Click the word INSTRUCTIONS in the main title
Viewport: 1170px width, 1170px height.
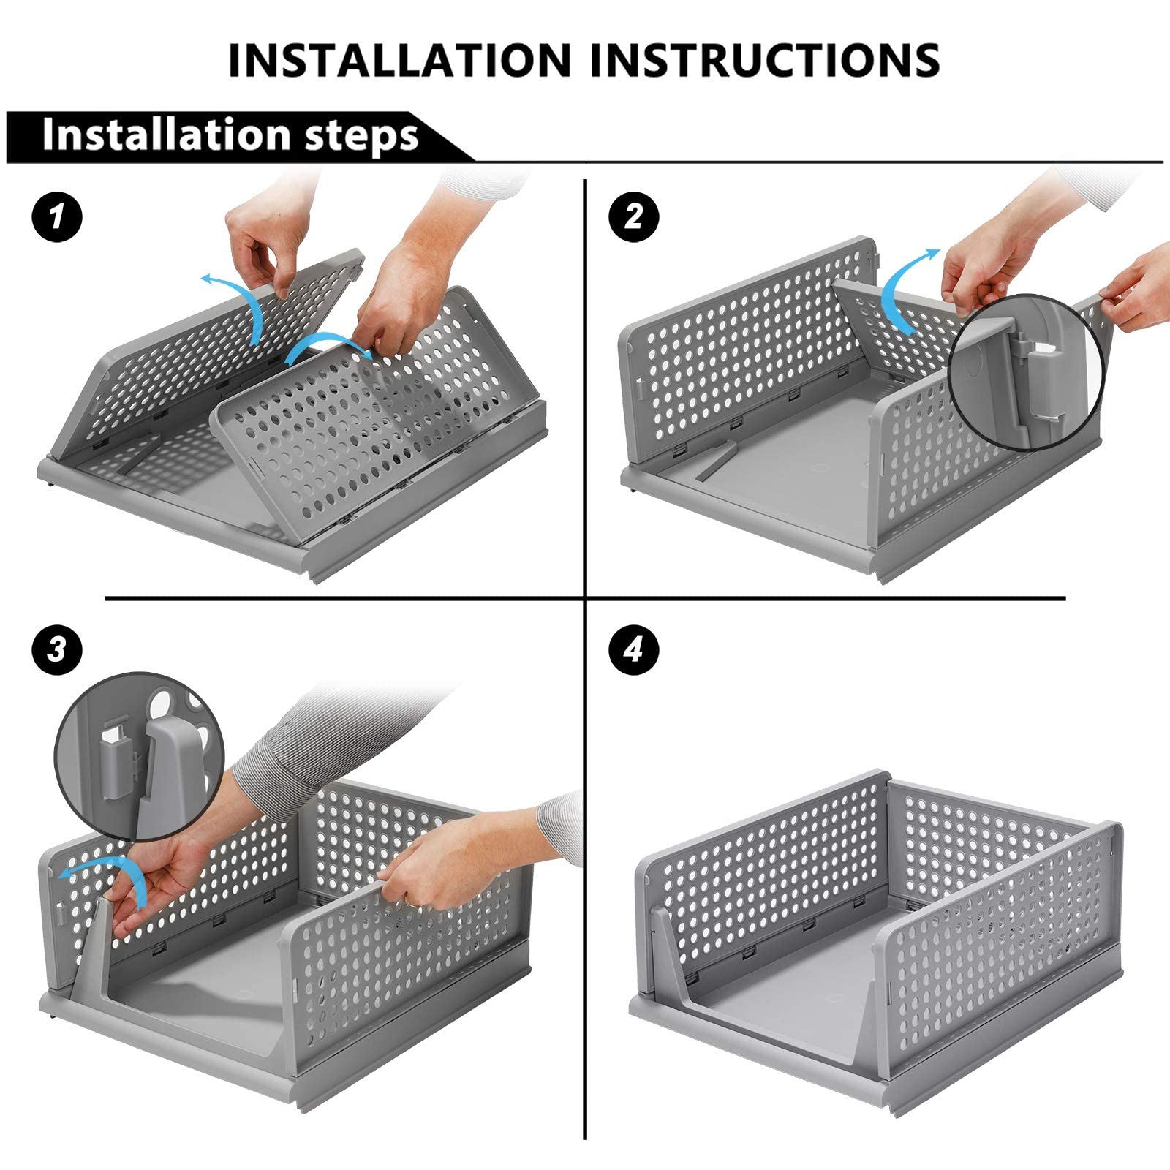pos(765,60)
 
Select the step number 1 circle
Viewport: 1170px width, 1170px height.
pos(57,218)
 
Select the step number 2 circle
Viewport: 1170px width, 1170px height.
pos(633,218)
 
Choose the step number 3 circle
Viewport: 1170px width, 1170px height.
pos(57,649)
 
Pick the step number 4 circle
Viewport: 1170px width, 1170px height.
pos(633,649)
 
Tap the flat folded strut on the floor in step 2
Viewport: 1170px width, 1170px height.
pos(716,460)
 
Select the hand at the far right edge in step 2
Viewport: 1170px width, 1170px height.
pos(1141,285)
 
